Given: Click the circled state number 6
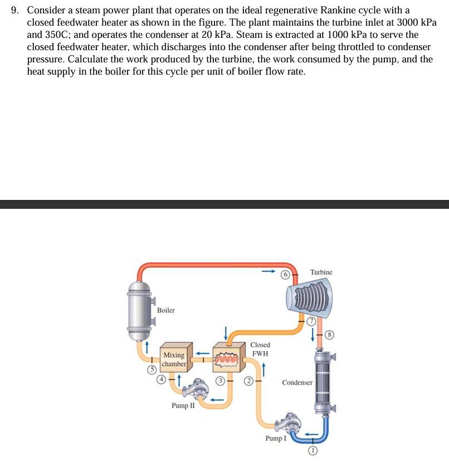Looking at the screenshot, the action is pos(285,275).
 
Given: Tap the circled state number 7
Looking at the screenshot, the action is pos(312,322).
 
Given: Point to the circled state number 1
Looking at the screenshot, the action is pos(313,451).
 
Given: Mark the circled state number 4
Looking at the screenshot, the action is pos(162,379).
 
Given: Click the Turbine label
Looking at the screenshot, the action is pos(321,272).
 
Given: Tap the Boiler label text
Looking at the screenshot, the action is pos(165,310).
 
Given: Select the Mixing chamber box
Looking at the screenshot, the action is pos(174,359).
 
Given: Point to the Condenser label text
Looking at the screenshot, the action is pos(297,383).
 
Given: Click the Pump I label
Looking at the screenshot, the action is pos(276,438).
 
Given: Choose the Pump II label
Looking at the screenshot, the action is pos(183,405).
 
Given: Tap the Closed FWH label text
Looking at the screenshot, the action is pos(260,349).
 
